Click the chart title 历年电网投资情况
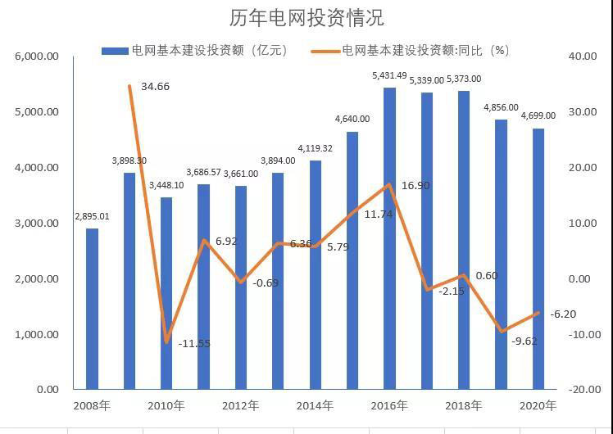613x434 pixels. click(x=307, y=18)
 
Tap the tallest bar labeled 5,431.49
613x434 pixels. click(x=389, y=237)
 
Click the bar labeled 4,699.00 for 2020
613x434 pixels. click(x=538, y=258)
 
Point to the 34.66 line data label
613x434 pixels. click(x=155, y=85)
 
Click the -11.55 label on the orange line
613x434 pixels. click(x=194, y=343)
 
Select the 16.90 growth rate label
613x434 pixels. click(x=415, y=186)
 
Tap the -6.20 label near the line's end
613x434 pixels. click(x=563, y=314)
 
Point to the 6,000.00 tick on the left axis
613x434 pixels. click(x=36, y=57)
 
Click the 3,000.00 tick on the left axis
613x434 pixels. click(x=36, y=223)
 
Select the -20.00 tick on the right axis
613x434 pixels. click(x=583, y=390)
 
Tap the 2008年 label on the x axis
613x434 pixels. click(x=92, y=405)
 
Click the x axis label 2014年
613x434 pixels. click(x=315, y=405)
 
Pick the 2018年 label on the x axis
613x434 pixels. click(x=464, y=405)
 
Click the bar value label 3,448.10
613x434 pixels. click(x=166, y=186)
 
